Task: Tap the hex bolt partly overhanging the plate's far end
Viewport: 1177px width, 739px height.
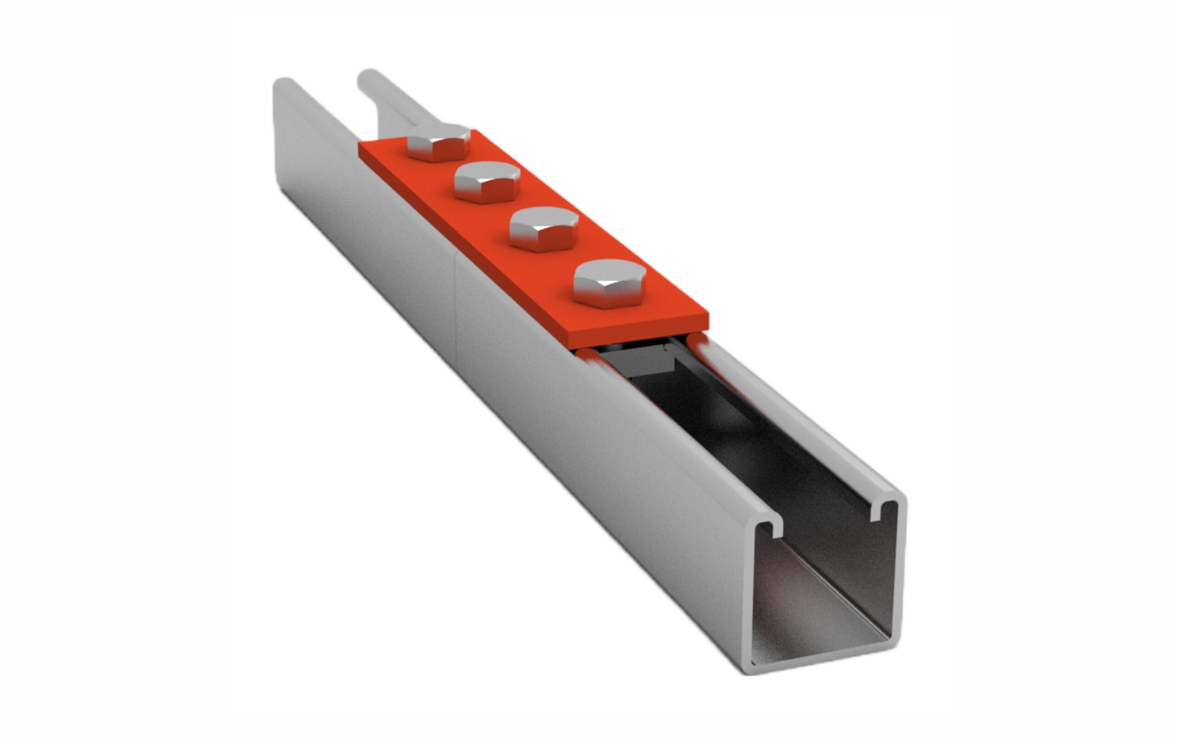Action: [438, 143]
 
